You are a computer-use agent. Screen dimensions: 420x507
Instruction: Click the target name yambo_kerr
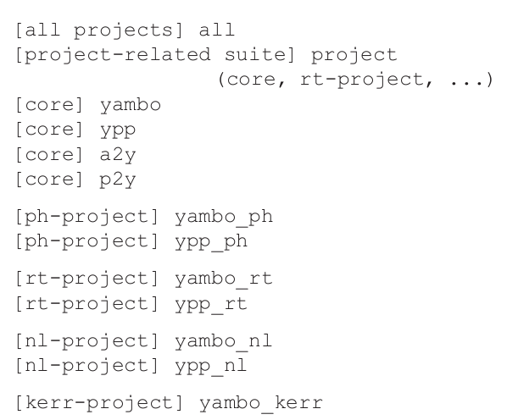pos(261,403)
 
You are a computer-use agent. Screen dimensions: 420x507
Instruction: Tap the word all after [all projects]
pos(217,31)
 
